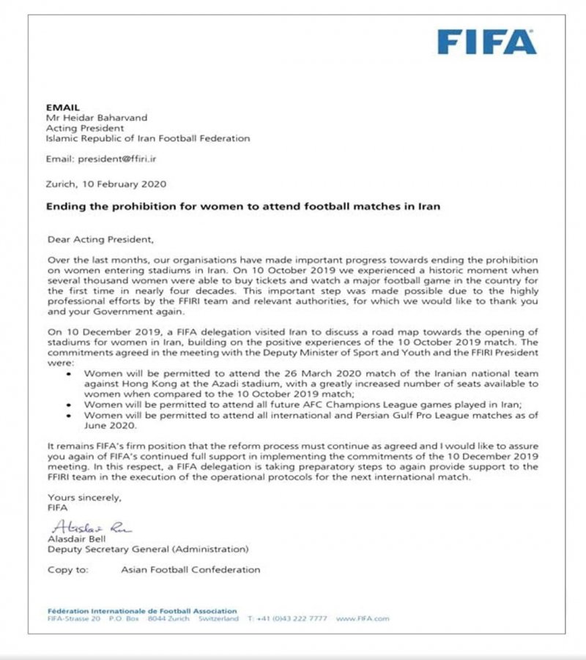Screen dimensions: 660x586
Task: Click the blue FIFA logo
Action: (x=486, y=42)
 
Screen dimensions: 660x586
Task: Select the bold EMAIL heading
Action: (x=61, y=106)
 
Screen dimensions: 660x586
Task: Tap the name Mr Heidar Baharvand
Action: (x=99, y=117)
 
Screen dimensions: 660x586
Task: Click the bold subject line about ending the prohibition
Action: (x=243, y=206)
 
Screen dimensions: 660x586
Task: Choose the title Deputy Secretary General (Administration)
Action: (x=148, y=549)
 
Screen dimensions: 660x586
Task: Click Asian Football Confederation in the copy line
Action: (x=190, y=569)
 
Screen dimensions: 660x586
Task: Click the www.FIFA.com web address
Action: (x=363, y=618)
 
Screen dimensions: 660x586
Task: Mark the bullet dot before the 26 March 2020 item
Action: (x=69, y=372)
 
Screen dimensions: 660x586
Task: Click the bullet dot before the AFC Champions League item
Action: (x=69, y=404)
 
